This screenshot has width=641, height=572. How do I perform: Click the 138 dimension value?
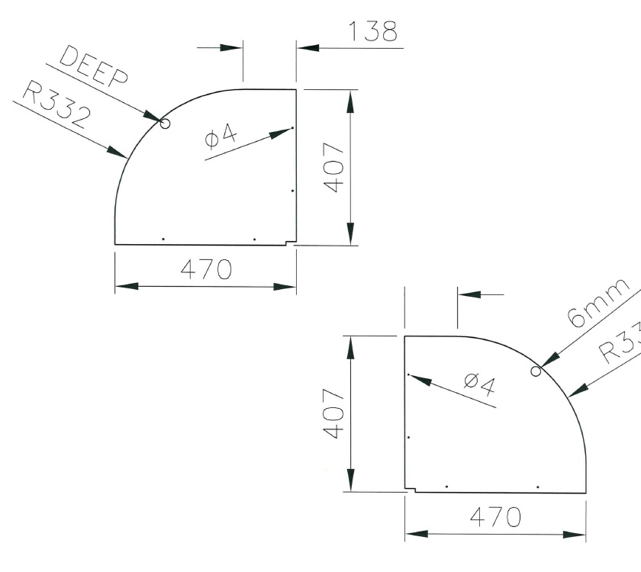[x=372, y=31]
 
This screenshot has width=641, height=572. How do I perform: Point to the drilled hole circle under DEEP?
[x=164, y=123]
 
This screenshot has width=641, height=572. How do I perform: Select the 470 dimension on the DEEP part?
[x=205, y=269]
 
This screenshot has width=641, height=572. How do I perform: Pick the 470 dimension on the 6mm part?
[x=494, y=516]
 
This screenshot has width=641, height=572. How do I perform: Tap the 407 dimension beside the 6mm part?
[x=333, y=413]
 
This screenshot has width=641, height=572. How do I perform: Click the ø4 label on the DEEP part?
[x=221, y=138]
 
